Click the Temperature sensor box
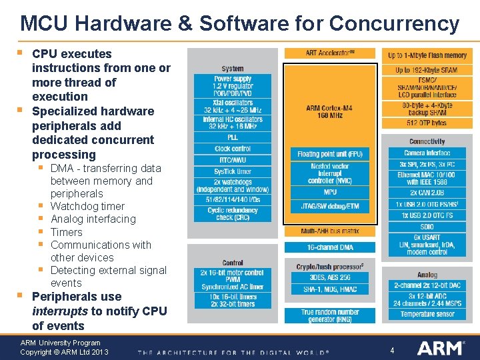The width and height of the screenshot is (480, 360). tap(427, 314)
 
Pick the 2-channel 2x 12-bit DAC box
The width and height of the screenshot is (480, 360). tap(427, 285)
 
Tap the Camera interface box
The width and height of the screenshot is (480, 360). tap(427, 153)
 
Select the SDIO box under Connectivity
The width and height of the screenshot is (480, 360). tap(427, 227)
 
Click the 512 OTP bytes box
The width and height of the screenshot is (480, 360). tap(427, 123)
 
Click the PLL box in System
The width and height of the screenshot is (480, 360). tap(233, 137)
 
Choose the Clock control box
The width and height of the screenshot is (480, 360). tap(233, 148)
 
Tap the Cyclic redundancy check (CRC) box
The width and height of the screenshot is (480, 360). tap(233, 213)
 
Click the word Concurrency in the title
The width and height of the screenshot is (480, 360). tap(394, 24)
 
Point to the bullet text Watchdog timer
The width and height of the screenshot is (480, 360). tap(87, 207)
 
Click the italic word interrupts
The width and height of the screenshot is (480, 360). tap(59, 311)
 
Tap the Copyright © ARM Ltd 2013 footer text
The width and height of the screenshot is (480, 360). tap(64, 352)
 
